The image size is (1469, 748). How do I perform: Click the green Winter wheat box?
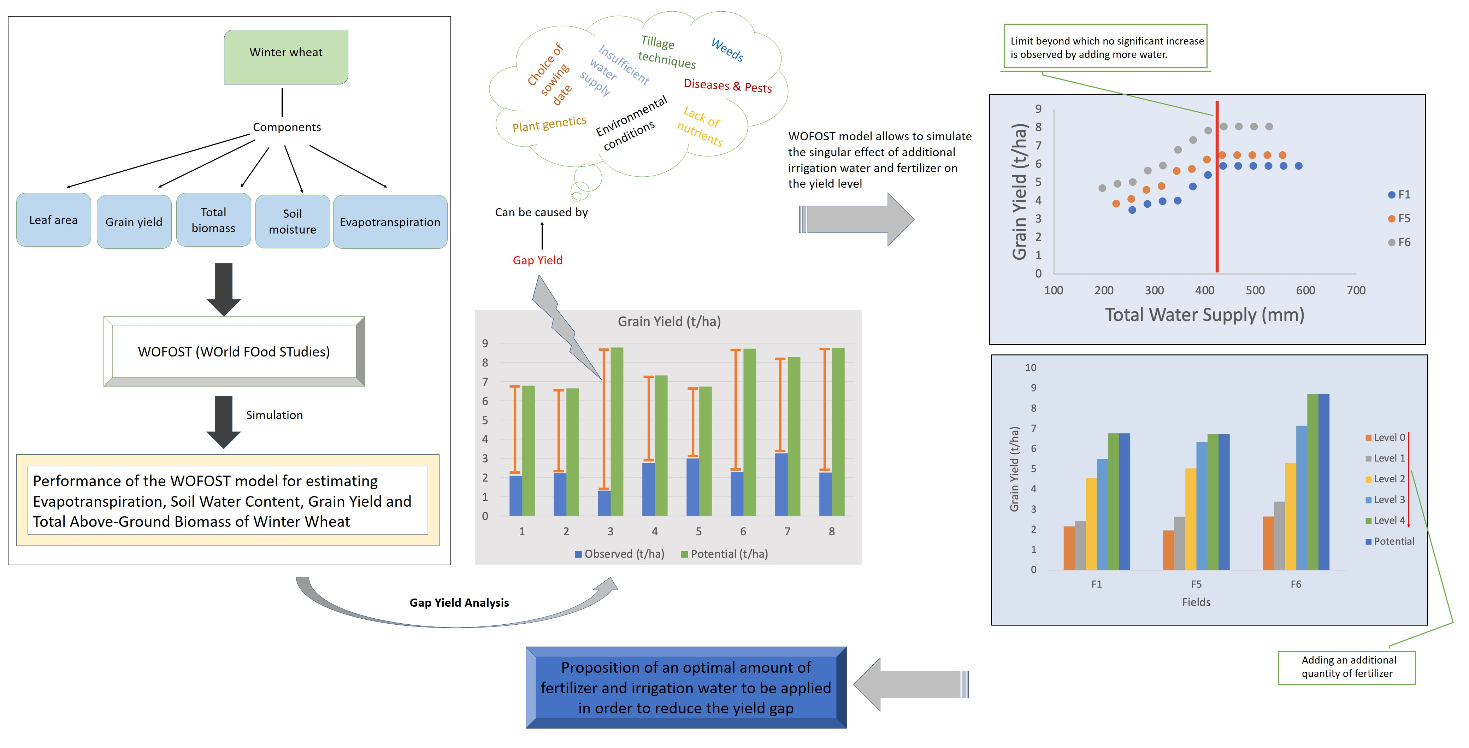coord(286,57)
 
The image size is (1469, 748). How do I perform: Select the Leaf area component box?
coord(54,220)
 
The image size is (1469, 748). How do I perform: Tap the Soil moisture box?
coord(293,221)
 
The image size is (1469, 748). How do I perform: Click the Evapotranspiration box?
coord(390,222)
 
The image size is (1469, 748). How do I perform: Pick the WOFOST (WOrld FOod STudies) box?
coord(234,352)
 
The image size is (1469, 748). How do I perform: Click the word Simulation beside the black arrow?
coord(274,415)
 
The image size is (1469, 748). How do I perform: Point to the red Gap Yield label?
coord(537,260)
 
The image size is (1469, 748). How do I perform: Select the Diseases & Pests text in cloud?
coord(728,86)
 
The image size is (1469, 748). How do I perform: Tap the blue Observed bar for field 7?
coord(781,485)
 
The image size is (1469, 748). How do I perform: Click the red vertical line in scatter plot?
coord(1217,188)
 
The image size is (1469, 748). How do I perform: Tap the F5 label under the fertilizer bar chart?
coord(1196,584)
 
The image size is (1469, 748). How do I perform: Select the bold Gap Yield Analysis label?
coord(459,603)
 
